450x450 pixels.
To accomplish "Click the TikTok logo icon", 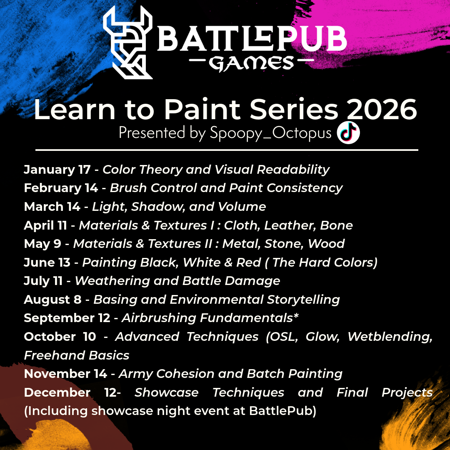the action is pos(348,132).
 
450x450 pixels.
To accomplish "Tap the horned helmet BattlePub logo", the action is pos(128,42).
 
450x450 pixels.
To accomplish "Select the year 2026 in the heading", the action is pos(382,109).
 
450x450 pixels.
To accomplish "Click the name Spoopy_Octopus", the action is pos(271,133).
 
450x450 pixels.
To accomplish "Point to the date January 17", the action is pos(57,170).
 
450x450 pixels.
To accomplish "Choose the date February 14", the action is pos(61,188).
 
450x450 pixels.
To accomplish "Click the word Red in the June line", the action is pos(248,262).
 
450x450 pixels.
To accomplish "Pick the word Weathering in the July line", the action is pos(112,281).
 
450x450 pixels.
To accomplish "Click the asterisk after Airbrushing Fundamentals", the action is pos(296,316).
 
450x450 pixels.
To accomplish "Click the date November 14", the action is pos(65,374).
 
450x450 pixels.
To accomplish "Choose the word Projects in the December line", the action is pos(407,393).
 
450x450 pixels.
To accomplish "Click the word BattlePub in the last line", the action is pos(282,411).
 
